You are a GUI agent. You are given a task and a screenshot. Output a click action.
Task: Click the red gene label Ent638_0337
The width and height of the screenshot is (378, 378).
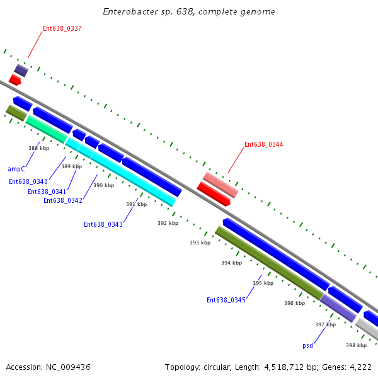[x=62, y=28]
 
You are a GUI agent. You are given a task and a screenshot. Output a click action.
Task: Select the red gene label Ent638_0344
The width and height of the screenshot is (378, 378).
[x=263, y=144]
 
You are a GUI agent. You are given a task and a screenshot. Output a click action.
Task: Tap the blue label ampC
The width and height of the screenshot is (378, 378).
[x=16, y=169]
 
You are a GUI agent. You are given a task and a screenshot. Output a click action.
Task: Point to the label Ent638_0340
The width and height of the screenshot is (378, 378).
[x=28, y=181]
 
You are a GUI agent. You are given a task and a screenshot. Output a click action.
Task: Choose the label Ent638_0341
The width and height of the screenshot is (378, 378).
[x=47, y=192]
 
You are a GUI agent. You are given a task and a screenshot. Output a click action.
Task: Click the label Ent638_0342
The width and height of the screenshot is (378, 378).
[x=62, y=200]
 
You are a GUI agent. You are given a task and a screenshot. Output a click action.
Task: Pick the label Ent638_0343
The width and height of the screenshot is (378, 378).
[x=103, y=224]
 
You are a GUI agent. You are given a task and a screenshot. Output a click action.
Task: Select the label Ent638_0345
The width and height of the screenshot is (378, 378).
[x=226, y=300]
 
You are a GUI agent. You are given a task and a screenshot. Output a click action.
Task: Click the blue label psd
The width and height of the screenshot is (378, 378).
[x=307, y=345]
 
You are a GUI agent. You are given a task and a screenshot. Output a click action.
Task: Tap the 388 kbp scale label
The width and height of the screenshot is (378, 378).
[x=38, y=148]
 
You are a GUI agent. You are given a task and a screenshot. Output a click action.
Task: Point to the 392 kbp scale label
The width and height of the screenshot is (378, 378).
[x=168, y=223]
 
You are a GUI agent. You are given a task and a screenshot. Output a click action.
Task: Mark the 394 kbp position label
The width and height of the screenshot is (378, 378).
[x=231, y=263]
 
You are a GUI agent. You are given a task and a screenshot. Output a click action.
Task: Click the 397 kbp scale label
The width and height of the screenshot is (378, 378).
[x=325, y=324]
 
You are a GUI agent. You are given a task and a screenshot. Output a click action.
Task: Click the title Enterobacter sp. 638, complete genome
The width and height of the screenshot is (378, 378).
[x=188, y=12]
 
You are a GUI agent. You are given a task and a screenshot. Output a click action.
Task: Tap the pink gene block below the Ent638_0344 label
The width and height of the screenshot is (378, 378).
[x=220, y=184]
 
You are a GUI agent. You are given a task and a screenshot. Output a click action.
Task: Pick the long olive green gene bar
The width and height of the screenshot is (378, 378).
[x=269, y=263]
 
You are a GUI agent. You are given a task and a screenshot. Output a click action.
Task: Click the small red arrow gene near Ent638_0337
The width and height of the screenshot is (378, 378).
[x=14, y=80]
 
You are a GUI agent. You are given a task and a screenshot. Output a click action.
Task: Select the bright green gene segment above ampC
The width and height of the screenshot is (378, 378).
[x=46, y=129]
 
